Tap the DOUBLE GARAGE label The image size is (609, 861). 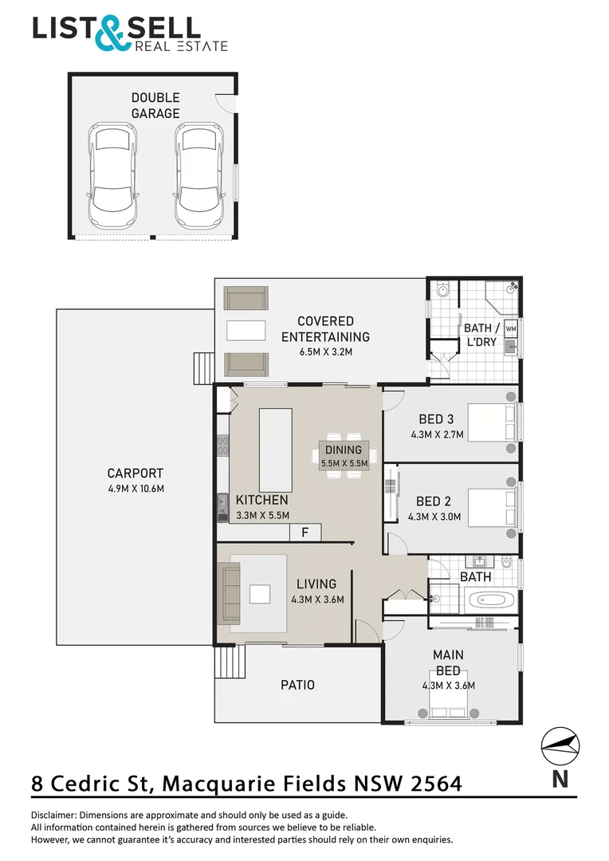coord(155,105)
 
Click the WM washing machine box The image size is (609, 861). coord(511,328)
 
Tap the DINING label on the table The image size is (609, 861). coord(344,450)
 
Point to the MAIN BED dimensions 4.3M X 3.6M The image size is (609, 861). coord(449,686)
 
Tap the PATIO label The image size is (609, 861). coord(297,685)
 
